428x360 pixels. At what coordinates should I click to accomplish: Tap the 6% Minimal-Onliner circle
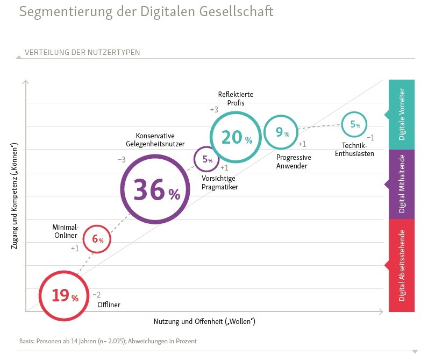coord(97,238)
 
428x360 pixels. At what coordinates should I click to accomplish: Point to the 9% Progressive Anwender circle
coord(280,131)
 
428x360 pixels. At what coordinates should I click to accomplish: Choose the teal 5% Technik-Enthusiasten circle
coord(355,124)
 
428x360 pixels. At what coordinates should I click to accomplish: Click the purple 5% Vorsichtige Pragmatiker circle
coord(207,159)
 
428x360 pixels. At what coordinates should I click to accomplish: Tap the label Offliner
coord(109,305)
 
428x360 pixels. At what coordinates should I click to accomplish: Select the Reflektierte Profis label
coord(236,99)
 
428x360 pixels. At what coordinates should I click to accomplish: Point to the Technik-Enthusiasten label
coord(355,150)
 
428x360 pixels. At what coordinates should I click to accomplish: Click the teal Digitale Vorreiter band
coord(402,114)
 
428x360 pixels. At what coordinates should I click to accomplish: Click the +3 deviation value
coord(214,110)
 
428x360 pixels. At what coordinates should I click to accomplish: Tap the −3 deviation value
coord(122,160)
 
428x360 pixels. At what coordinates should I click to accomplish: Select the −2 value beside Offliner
coord(97,294)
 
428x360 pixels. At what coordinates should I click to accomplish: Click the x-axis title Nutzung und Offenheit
coord(204,322)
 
